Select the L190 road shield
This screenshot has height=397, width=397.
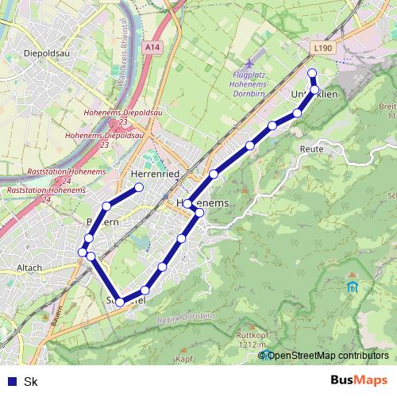pyautogui.click(x=323, y=48)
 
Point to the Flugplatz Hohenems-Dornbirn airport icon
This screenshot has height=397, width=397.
pyautogui.click(x=251, y=63)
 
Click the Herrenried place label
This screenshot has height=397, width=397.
pyautogui.click(x=151, y=174)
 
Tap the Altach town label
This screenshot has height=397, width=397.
pyautogui.click(x=29, y=268)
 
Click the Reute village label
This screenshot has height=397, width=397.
pyautogui.click(x=310, y=148)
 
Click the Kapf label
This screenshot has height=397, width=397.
pyautogui.click(x=184, y=360)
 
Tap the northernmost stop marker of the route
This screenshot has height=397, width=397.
pyautogui.click(x=312, y=74)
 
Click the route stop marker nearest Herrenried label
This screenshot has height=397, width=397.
pyautogui.click(x=139, y=187)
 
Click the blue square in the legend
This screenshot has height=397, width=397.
pyautogui.click(x=9, y=381)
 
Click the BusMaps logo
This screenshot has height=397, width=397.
pyautogui.click(x=358, y=380)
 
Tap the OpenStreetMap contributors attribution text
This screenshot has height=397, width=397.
pyautogui.click(x=327, y=355)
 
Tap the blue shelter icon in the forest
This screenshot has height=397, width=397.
pyautogui.click(x=353, y=285)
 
